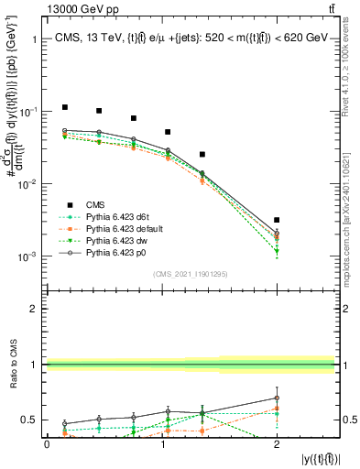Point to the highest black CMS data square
64,107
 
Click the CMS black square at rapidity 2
277,220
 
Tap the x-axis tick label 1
161,443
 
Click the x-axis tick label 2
277,443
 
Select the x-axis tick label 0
47,443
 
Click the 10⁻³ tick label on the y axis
27,256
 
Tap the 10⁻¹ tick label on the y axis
27,112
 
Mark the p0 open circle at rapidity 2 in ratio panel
277,398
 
